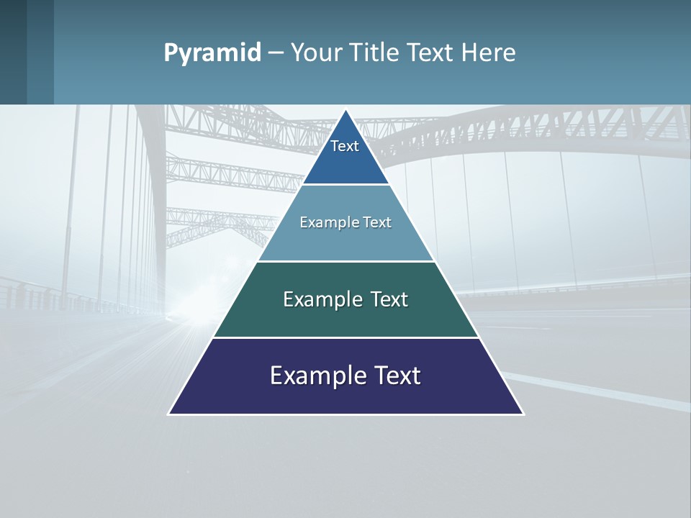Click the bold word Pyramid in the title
click(x=212, y=53)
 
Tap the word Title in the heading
click(x=376, y=53)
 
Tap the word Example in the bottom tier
click(x=317, y=376)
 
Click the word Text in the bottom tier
click(x=395, y=376)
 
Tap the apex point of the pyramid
click(x=346, y=111)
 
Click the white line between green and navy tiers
click(x=345, y=337)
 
